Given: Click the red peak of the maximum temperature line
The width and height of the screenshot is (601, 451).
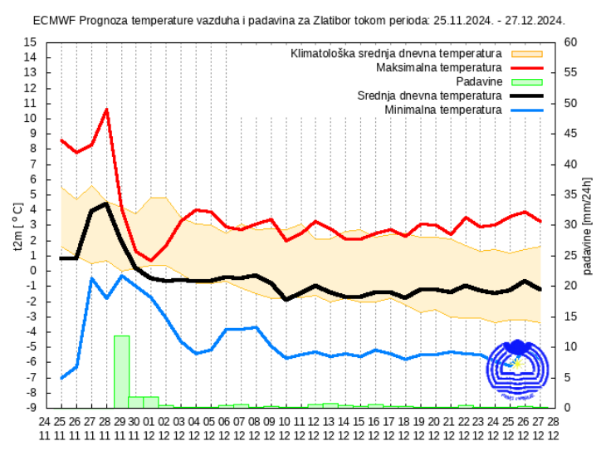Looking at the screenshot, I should point(106,109).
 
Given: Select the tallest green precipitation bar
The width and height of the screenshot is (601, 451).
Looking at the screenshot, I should point(121,371).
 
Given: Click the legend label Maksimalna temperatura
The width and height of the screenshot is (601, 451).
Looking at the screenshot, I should point(438,67).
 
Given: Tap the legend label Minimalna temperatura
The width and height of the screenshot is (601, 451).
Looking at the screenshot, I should point(443,110).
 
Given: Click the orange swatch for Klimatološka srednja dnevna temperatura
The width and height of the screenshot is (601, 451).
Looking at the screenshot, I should point(525,53).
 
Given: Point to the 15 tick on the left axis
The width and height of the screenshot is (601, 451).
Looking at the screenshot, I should point(31,42).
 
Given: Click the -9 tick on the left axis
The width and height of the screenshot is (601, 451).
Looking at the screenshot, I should point(31,408).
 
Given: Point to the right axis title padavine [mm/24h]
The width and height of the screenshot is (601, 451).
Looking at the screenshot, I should point(588,224).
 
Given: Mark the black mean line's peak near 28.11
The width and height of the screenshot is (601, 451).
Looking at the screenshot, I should point(106,203).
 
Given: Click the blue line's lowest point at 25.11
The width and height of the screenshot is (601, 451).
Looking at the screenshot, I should point(61,379).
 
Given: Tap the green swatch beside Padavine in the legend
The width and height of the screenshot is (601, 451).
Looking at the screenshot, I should point(525,81).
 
